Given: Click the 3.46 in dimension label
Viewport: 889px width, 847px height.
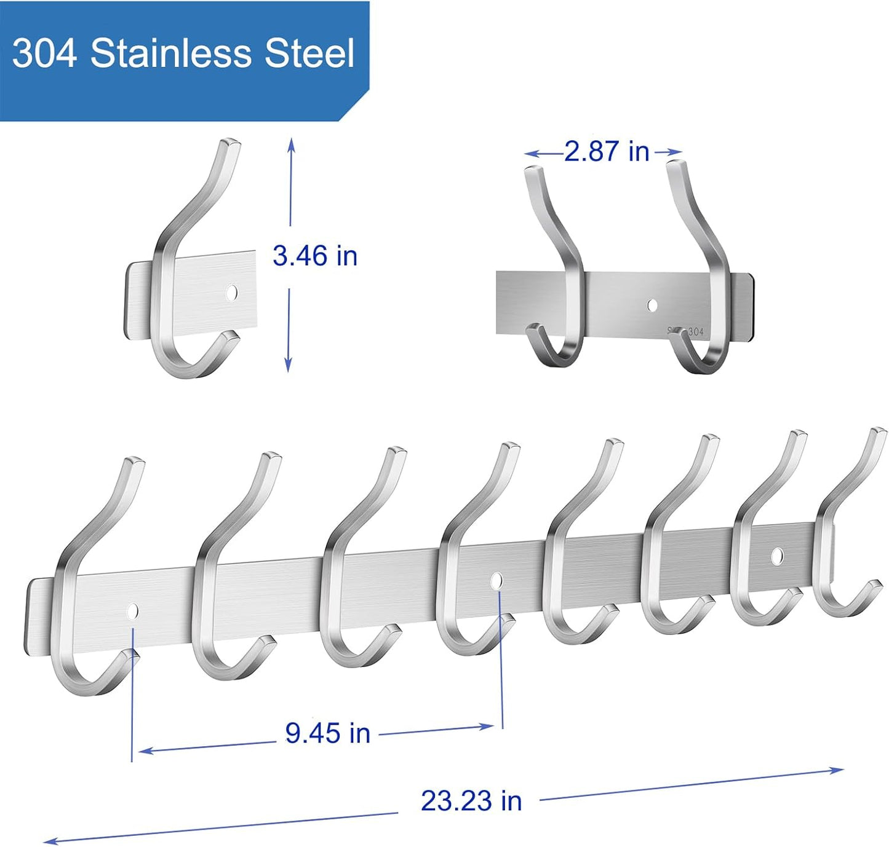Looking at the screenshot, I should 315,256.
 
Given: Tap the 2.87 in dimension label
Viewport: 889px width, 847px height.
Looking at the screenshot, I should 606,151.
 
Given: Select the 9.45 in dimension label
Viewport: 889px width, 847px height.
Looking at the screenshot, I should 327,733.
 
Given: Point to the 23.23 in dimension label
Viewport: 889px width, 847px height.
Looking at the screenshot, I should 471,800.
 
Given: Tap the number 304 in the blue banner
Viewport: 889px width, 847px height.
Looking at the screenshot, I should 44,53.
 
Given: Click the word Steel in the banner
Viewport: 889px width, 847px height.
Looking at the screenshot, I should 310,53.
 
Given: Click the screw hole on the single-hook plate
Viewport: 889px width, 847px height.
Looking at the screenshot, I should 231,293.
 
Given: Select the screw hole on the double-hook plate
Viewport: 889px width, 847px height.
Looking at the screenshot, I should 652,304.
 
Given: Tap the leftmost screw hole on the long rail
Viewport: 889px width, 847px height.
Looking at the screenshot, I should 132,610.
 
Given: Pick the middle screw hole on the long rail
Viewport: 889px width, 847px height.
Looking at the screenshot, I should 496,579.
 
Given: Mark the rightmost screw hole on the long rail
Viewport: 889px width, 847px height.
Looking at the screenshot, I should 778,555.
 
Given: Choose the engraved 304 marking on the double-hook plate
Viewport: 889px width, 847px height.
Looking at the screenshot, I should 693,331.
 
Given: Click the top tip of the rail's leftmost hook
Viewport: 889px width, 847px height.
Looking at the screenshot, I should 136,461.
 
